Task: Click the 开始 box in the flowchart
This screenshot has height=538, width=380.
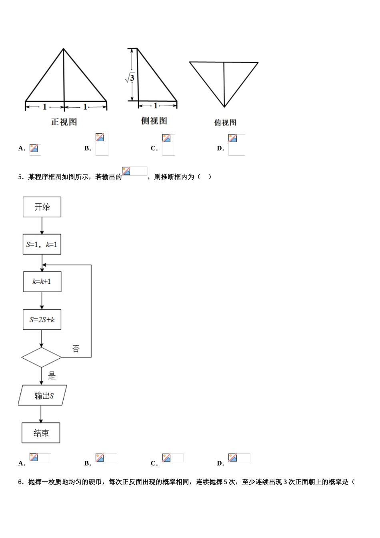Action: [x=42, y=207]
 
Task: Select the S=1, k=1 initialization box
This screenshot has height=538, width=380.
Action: [x=42, y=244]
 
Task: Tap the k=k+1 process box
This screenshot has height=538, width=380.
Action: [x=42, y=282]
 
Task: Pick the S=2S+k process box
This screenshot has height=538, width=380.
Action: [x=42, y=320]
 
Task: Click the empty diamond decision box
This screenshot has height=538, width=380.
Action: [x=41, y=357]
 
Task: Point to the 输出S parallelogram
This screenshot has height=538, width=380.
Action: [x=43, y=395]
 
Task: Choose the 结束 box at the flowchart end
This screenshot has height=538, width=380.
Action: [x=41, y=433]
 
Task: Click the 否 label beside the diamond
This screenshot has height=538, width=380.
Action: [x=76, y=349]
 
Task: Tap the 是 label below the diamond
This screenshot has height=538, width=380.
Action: [x=52, y=375]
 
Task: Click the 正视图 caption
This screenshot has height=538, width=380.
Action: [x=64, y=122]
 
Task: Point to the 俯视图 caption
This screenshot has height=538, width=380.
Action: [x=225, y=122]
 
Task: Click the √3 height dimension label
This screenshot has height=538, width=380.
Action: [x=130, y=78]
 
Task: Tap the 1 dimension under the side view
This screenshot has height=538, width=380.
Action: [x=156, y=106]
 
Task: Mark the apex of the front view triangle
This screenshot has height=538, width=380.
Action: [x=63, y=49]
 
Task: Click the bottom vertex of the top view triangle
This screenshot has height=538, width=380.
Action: [x=224, y=107]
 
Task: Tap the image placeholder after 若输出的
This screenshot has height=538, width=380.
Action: [x=135, y=171]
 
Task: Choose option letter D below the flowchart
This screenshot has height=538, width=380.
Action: [x=220, y=464]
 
